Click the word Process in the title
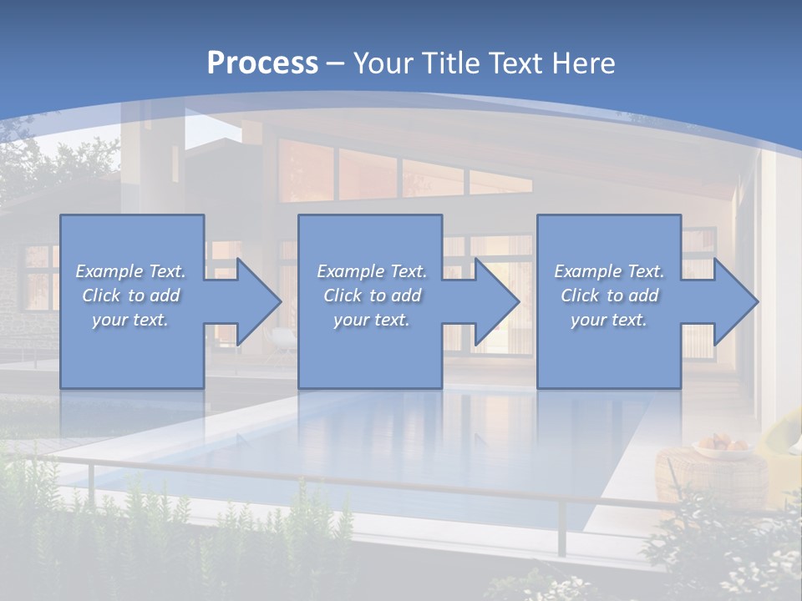click(x=262, y=63)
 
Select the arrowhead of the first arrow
click(x=256, y=301)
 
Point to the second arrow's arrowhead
click(x=495, y=301)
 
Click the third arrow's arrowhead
click(x=733, y=301)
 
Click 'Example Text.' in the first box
click(x=130, y=271)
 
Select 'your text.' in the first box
click(x=130, y=320)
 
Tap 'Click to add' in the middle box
click(x=371, y=295)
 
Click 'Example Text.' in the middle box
click(x=371, y=271)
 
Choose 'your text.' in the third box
click(x=608, y=320)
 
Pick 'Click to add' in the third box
click(x=608, y=295)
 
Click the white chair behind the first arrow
click(x=284, y=338)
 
